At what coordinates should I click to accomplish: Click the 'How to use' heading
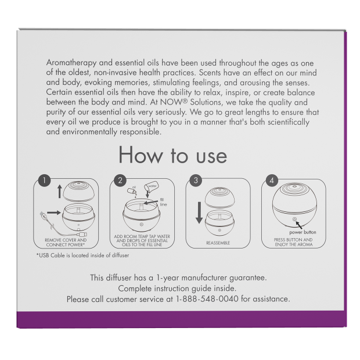172,156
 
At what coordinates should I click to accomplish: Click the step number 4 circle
271,181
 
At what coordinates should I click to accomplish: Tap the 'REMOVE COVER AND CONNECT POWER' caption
66,242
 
